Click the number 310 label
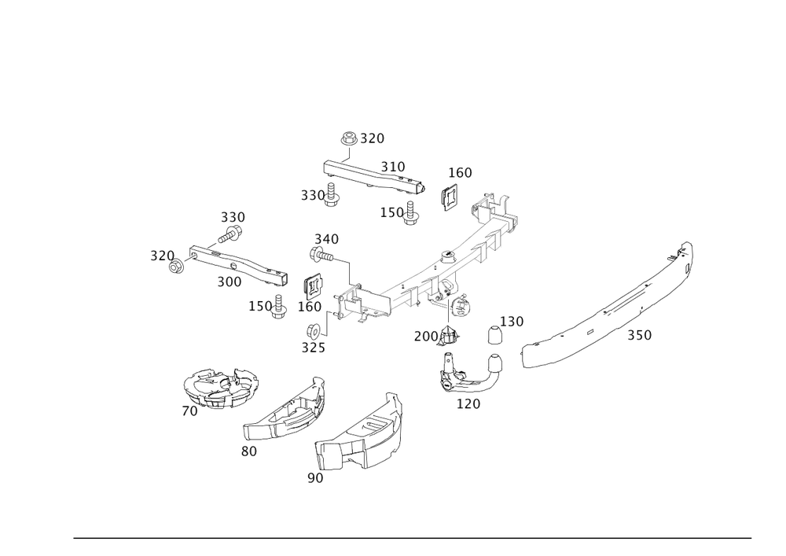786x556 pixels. (x=392, y=167)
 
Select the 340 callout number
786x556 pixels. (x=326, y=237)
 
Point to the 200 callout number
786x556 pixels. (x=425, y=337)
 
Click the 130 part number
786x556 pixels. (x=513, y=322)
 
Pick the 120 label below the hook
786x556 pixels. (x=468, y=403)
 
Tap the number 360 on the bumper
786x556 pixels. (x=639, y=335)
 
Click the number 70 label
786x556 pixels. (x=189, y=411)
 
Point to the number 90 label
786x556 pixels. (x=315, y=477)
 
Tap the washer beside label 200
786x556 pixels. (x=450, y=336)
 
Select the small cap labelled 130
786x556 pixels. (x=495, y=337)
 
